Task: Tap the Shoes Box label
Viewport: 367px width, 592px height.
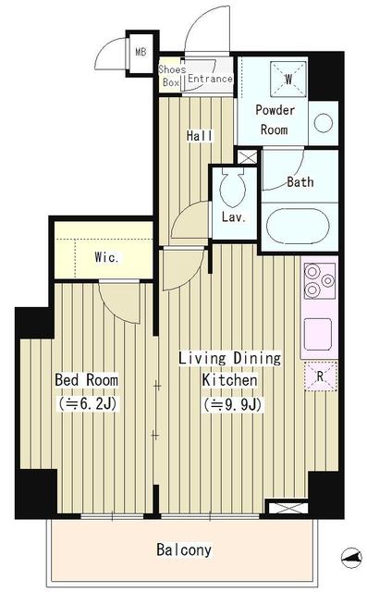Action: (x=171, y=76)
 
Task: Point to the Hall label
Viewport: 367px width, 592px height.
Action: (x=200, y=136)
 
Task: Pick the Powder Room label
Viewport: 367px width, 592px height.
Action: (x=275, y=118)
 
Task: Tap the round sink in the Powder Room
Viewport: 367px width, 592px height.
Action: (x=323, y=122)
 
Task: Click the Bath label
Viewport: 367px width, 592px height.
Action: (x=300, y=181)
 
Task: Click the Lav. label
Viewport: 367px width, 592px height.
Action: (x=232, y=218)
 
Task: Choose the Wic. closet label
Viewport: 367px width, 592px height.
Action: (x=106, y=257)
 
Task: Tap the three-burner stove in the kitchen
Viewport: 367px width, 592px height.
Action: (x=319, y=280)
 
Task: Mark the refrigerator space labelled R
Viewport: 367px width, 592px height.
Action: (x=320, y=376)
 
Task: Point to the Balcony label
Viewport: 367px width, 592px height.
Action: (x=185, y=549)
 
